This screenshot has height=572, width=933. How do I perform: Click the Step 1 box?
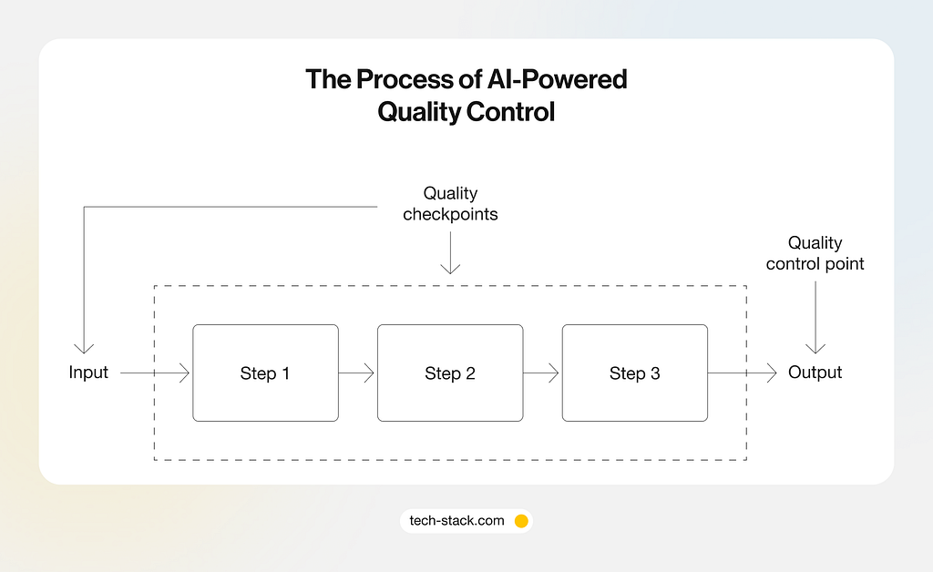click(x=265, y=373)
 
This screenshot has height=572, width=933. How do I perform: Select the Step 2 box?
click(x=450, y=373)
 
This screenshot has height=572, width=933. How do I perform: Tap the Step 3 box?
click(x=635, y=373)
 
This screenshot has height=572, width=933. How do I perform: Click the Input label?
click(x=88, y=373)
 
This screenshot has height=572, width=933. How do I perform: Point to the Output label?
click(x=815, y=373)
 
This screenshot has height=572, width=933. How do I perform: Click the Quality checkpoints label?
click(x=450, y=203)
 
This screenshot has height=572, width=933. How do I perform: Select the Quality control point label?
click(x=815, y=253)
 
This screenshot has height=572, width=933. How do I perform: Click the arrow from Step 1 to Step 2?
click(x=356, y=373)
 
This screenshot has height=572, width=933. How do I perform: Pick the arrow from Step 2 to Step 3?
click(x=541, y=373)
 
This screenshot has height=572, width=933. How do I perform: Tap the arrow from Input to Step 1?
click(x=155, y=373)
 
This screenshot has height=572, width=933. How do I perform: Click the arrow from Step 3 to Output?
click(x=742, y=373)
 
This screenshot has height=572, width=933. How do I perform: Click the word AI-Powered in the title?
click(x=557, y=79)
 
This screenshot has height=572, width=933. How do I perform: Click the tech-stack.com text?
click(x=457, y=521)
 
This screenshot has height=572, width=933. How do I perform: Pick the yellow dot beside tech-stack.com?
click(x=521, y=521)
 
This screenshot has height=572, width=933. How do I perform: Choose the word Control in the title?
click(x=510, y=112)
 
